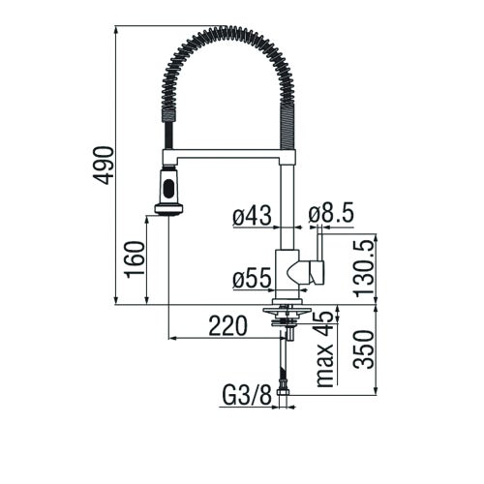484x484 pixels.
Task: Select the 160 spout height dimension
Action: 135,259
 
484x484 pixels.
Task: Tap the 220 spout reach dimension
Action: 227,327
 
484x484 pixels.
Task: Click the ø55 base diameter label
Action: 252,280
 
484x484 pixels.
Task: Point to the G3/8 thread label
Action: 244,395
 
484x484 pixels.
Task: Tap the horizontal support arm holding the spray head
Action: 227,155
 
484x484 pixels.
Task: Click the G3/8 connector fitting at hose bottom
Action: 284,390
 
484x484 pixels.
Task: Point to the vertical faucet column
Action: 287,203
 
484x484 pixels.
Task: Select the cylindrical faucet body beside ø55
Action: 287,275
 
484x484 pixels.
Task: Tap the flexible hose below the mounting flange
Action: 283,363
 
